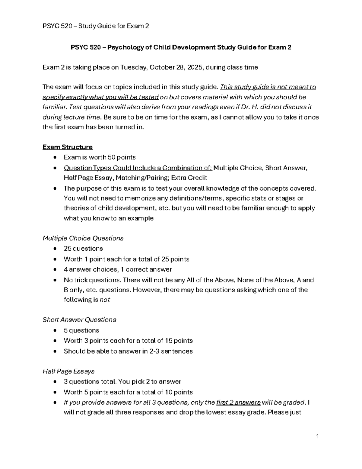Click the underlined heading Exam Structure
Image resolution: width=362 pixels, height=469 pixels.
click(x=68, y=147)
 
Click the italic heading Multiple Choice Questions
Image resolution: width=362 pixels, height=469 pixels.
click(x=83, y=238)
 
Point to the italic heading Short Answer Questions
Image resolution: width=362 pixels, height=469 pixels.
click(x=79, y=320)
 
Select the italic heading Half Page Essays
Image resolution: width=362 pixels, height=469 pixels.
click(x=68, y=371)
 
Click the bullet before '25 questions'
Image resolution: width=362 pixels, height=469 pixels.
click(x=55, y=249)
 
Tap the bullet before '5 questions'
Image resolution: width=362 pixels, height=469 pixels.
click(x=55, y=330)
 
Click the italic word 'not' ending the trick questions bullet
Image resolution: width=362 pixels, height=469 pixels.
click(x=105, y=300)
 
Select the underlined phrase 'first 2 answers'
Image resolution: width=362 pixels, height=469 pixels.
click(x=238, y=403)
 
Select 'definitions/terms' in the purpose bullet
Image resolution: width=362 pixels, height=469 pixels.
click(x=196, y=198)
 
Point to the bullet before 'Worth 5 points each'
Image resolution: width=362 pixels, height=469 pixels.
click(x=55, y=392)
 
